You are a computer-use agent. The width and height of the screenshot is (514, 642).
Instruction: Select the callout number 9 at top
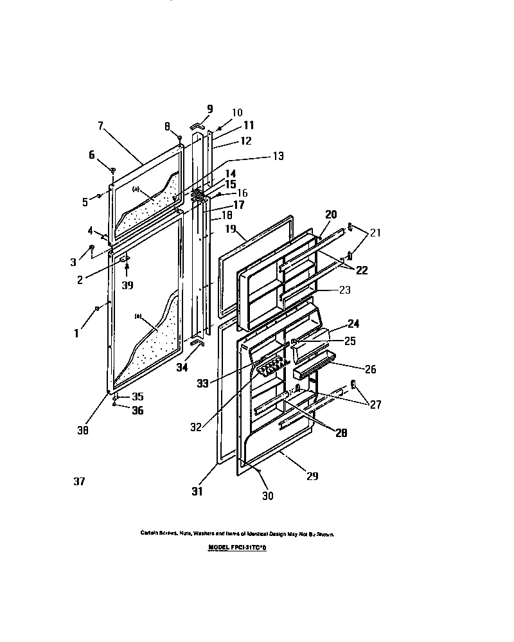(x=209, y=109)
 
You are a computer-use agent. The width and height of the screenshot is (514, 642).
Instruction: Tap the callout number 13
(x=278, y=156)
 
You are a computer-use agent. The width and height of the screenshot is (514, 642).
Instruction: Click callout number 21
(x=375, y=233)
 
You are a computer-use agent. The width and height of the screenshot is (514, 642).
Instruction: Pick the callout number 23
(x=345, y=290)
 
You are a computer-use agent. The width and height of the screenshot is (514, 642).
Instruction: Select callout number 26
(x=370, y=369)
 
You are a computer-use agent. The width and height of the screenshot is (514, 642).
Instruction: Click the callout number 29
(x=312, y=476)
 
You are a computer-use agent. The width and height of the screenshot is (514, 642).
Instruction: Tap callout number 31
(x=197, y=492)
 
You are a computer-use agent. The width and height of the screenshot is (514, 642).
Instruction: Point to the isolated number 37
(x=80, y=481)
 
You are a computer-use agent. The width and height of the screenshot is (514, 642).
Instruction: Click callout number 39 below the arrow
(x=128, y=285)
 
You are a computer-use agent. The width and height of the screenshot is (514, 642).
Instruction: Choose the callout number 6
(x=91, y=155)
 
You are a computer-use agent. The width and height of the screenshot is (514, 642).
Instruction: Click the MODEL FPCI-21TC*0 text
(x=237, y=548)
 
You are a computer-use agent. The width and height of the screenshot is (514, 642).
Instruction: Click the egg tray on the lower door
(x=270, y=368)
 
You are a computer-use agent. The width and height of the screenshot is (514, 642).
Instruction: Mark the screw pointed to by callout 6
(x=112, y=170)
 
